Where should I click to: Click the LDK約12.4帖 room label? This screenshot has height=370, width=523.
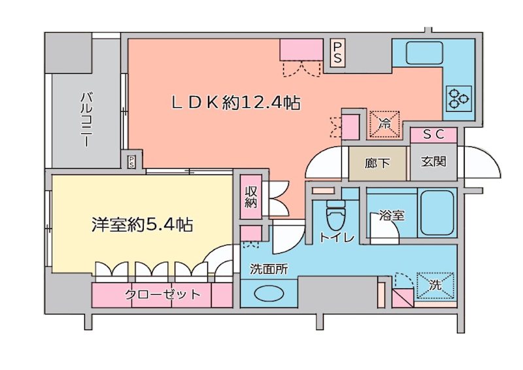click(x=235, y=103)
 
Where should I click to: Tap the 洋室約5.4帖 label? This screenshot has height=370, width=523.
click(x=142, y=226)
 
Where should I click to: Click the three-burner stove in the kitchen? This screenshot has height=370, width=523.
click(x=458, y=97)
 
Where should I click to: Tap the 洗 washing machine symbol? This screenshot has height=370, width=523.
click(x=435, y=285)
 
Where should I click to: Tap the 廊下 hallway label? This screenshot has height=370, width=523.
click(x=377, y=162)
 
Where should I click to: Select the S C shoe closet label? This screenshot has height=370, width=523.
click(x=433, y=135)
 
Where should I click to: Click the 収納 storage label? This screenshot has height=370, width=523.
click(x=251, y=196)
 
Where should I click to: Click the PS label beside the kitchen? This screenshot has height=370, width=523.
click(x=337, y=53)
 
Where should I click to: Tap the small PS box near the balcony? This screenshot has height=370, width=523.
click(x=131, y=160)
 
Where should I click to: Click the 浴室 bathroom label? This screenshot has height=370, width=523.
click(x=392, y=215)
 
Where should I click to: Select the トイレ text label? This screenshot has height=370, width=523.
click(x=337, y=239)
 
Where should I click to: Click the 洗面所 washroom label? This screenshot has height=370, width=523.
click(x=268, y=269)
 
